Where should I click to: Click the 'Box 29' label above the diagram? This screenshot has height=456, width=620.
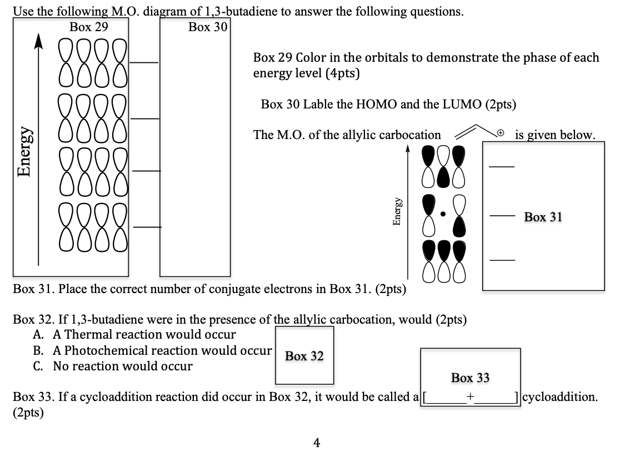89,27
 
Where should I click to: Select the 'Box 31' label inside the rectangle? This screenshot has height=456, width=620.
543,217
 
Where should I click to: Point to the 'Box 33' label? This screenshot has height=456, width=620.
470,378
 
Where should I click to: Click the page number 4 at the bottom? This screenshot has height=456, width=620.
316,443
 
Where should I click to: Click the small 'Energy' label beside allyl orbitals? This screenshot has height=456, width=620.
397,211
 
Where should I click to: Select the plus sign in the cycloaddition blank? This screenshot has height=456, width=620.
470,397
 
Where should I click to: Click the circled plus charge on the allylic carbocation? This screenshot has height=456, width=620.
500,133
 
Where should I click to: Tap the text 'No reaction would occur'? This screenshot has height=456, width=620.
123,366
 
